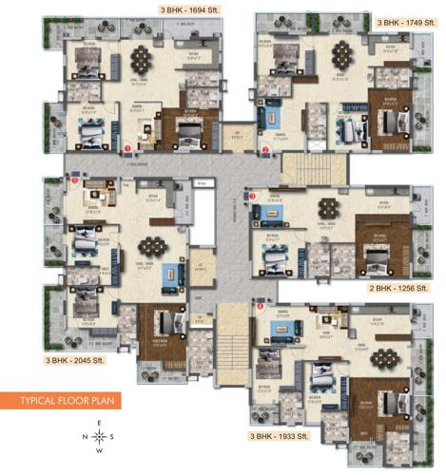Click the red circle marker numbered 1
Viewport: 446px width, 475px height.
126,147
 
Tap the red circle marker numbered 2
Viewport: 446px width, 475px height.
266,148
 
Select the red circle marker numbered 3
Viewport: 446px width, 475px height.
252,196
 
